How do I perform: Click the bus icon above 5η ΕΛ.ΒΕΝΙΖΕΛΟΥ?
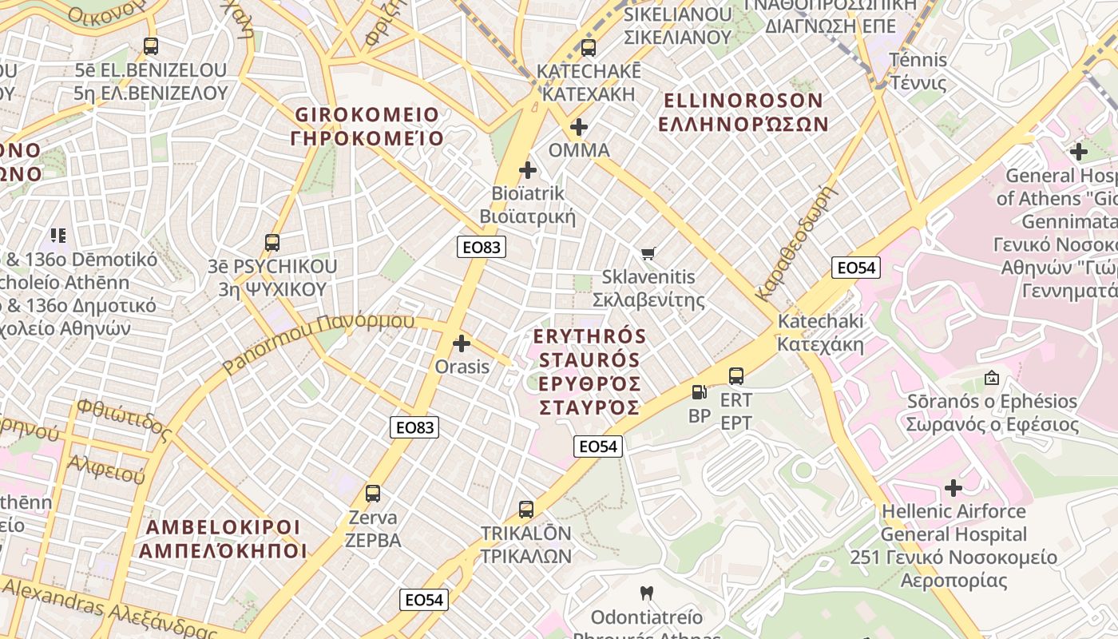[x=151, y=46]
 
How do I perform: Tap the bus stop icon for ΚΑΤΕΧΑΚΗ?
[x=589, y=48]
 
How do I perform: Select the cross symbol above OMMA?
[x=579, y=127]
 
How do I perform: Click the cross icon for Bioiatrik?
[x=527, y=170]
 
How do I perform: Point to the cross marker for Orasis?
[x=462, y=343]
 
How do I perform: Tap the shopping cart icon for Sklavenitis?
[x=648, y=253]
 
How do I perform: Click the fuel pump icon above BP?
[x=699, y=392]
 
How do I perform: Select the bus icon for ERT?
[x=736, y=375]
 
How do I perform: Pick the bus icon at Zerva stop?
[x=373, y=494]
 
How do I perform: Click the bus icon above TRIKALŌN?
[x=525, y=510]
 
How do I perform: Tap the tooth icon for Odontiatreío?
[x=647, y=593]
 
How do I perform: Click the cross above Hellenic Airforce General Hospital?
[x=953, y=487]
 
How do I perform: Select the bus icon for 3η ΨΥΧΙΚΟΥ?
[x=272, y=243]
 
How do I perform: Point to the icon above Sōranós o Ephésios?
[x=992, y=377]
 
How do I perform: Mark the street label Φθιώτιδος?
[x=124, y=420]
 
